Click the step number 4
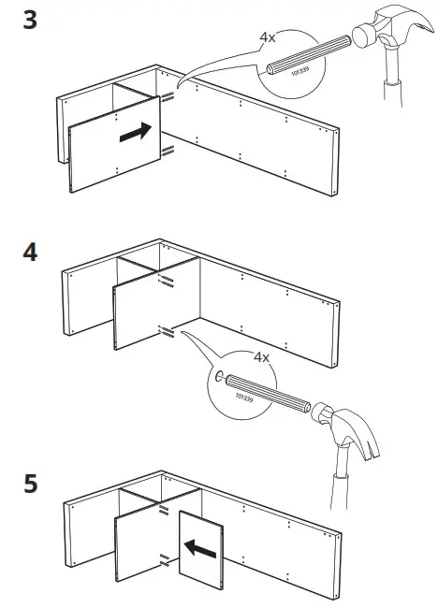(x=31, y=253)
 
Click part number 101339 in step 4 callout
(x=246, y=404)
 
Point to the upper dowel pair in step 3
(x=168, y=97)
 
